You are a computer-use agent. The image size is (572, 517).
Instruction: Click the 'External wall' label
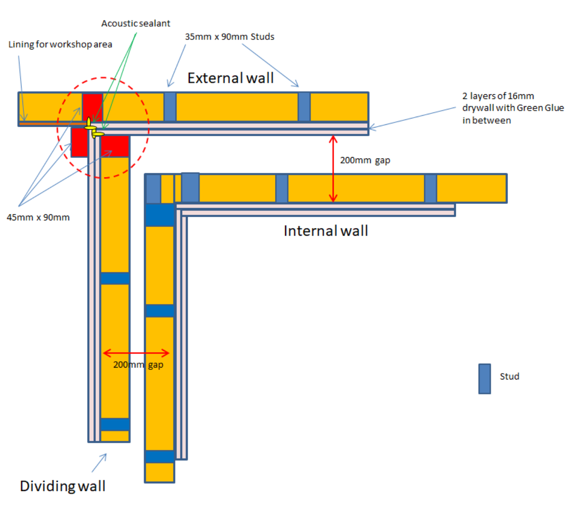pyautogui.click(x=231, y=78)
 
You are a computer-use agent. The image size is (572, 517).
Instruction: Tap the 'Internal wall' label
pyautogui.click(x=326, y=231)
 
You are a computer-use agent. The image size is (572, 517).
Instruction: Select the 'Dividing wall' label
pyautogui.click(x=62, y=486)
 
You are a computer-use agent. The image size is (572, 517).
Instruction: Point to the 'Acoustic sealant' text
pyautogui.click(x=135, y=23)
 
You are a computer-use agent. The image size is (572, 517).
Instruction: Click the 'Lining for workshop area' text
pyautogui.click(x=60, y=44)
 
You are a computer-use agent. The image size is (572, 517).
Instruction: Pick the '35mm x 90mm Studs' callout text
pyautogui.click(x=229, y=37)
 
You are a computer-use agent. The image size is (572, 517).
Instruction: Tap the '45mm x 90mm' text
pyautogui.click(x=38, y=218)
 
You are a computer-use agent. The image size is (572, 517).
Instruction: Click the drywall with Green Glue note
pyautogui.click(x=512, y=108)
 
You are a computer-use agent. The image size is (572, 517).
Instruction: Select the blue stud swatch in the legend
pyautogui.click(x=484, y=379)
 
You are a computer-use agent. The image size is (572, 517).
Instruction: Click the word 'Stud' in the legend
pyautogui.click(x=509, y=377)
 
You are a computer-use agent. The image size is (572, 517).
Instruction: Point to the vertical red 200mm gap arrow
pyautogui.click(x=333, y=169)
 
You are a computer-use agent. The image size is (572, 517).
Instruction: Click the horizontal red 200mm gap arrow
pyautogui.click(x=136, y=353)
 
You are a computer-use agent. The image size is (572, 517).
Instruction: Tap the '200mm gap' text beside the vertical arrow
pyautogui.click(x=365, y=160)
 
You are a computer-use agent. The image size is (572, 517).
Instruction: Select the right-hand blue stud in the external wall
pyautogui.click(x=304, y=107)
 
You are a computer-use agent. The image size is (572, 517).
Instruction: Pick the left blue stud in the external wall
pyautogui.click(x=170, y=107)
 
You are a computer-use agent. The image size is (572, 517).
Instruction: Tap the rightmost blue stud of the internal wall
pyautogui.click(x=430, y=189)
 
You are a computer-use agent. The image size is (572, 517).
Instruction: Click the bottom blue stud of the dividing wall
pyautogui.click(x=115, y=424)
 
